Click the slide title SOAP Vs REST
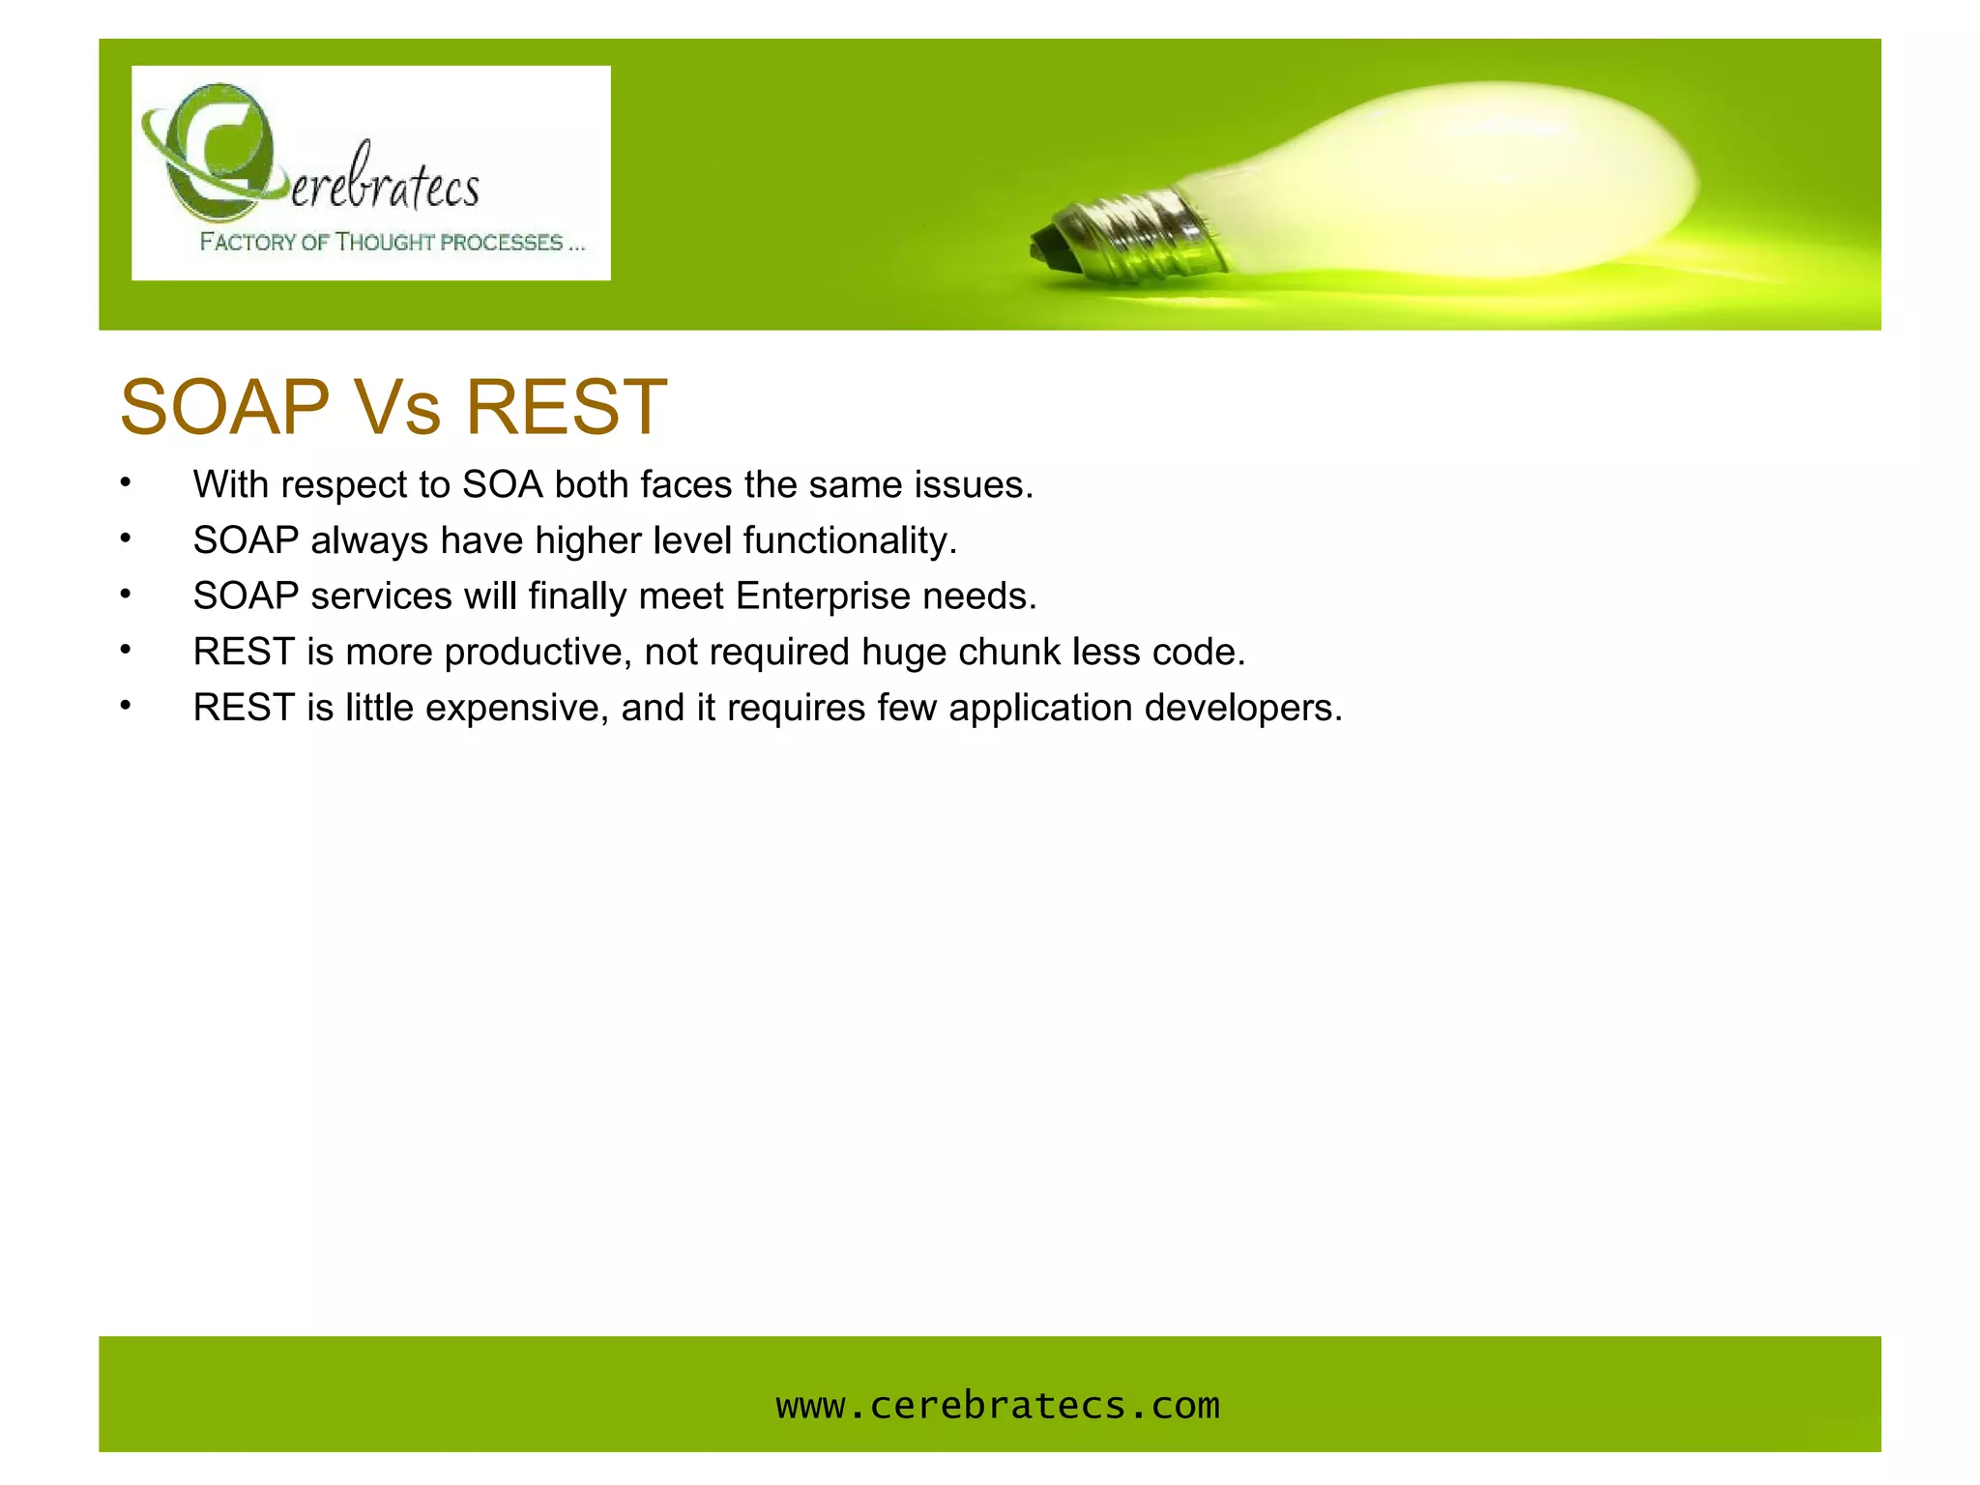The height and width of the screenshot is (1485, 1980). (393, 407)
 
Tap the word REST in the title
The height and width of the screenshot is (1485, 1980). (567, 407)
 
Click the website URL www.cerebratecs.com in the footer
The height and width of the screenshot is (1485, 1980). (998, 1405)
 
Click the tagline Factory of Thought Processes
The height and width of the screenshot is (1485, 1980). (392, 242)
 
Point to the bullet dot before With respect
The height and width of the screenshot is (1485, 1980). (126, 481)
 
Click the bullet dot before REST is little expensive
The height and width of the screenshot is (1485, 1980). (126, 705)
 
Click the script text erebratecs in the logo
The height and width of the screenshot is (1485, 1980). (385, 184)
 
